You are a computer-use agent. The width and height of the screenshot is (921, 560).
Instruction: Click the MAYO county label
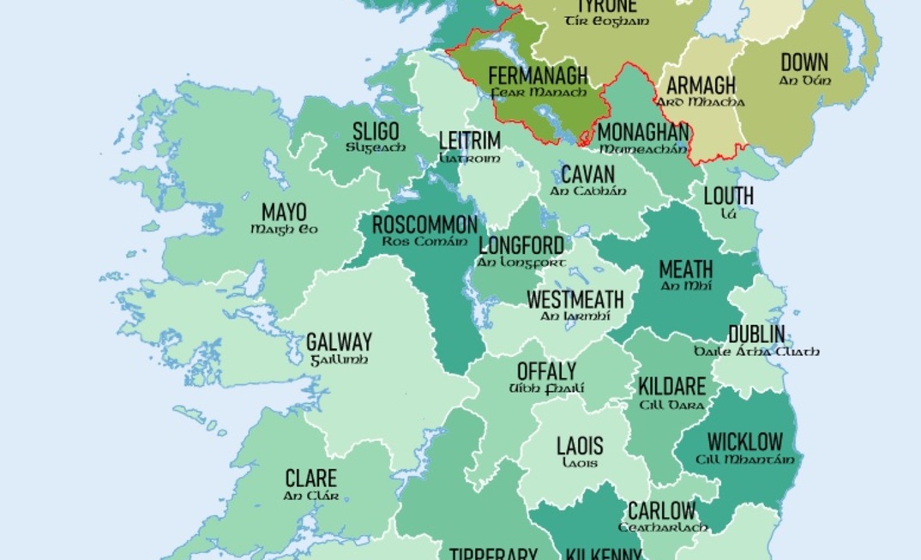coord(284,212)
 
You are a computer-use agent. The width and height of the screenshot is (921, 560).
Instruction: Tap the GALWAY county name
coord(339,342)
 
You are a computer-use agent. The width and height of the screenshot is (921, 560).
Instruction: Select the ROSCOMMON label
coord(424,226)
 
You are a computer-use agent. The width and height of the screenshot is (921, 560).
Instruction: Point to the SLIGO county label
coord(376,132)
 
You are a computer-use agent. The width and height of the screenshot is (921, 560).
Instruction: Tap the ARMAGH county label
coord(701,86)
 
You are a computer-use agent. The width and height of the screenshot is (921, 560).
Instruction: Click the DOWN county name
coord(804,63)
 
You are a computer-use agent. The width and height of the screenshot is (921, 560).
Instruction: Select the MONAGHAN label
coord(643,133)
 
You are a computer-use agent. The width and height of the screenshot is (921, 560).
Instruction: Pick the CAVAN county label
coord(587,175)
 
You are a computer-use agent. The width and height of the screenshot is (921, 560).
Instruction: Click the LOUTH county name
coord(728,196)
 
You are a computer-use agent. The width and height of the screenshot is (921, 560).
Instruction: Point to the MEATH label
coord(686,269)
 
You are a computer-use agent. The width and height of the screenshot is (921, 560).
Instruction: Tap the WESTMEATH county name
coord(575,300)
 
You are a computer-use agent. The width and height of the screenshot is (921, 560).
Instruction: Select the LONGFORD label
coord(521,246)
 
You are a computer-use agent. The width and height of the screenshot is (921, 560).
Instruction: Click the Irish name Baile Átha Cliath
coord(756,352)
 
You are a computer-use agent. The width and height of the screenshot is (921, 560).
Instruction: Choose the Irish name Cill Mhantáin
coord(745,460)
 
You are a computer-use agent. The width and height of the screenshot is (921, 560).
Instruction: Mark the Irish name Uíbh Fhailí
coord(546,388)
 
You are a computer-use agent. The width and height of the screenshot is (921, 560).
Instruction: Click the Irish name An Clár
coord(310,495)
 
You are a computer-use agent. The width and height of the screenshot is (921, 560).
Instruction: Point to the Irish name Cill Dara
coord(672,405)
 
